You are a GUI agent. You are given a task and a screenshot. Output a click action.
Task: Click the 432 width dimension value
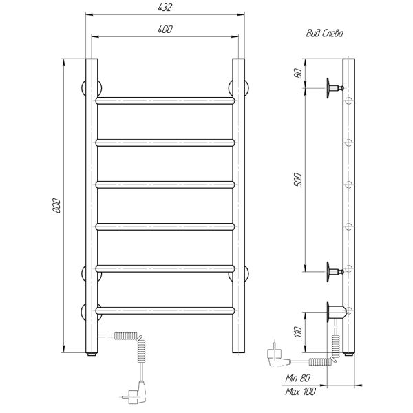pos(165,8)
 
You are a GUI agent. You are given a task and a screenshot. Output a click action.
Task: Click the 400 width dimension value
pos(165,29)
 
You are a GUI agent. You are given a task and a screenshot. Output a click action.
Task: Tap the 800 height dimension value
pos(56,205)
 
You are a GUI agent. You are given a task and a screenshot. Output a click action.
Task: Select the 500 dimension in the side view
pos(298,180)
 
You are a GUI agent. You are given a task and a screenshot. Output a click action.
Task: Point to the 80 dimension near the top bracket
pos(298,73)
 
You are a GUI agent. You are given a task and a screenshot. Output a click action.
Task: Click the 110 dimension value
pos(298,332)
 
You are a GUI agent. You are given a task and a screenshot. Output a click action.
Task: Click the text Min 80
pos(298,378)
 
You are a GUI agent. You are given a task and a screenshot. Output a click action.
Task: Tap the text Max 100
pos(300,392)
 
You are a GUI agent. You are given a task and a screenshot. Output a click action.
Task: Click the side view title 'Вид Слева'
pos(324,34)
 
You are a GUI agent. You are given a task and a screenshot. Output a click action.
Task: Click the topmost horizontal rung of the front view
pos(165,100)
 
